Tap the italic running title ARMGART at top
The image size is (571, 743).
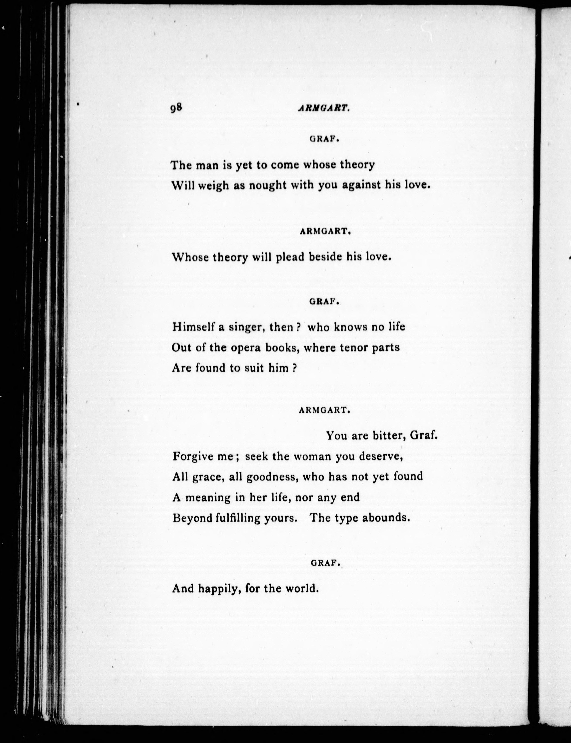(323, 108)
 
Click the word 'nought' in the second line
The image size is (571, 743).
(268, 186)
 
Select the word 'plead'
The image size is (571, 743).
(290, 257)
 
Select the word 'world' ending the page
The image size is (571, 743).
(302, 588)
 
